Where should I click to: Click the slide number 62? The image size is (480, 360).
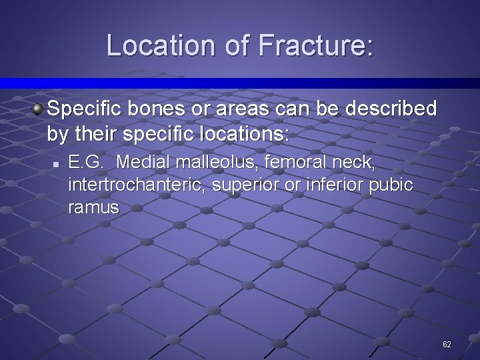[447, 344]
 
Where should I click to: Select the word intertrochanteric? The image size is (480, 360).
[137, 185]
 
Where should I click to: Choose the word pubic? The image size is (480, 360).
[389, 185]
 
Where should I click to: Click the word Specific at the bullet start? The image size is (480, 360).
[83, 108]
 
